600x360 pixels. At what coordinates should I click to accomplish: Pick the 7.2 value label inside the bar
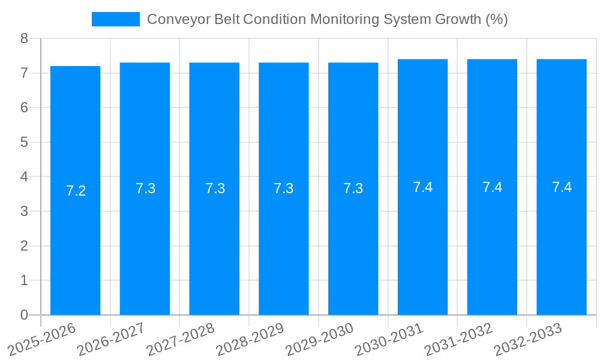[x=76, y=191]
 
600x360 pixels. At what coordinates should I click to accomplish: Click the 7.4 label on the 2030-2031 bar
[x=423, y=187]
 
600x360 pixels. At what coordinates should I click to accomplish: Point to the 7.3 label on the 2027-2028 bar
[x=215, y=188]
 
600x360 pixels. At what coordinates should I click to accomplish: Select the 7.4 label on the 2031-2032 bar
[x=493, y=187]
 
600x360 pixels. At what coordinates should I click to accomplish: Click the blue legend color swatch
[x=116, y=19]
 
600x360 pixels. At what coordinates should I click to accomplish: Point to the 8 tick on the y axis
[x=24, y=39]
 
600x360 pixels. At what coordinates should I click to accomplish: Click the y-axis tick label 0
[x=24, y=315]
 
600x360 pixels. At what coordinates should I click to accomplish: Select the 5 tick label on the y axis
[x=24, y=143]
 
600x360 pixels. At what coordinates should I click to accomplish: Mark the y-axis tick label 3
[x=24, y=212]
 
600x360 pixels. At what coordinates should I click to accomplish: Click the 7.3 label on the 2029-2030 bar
[x=353, y=188]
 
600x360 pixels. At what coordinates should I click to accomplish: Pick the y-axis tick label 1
[x=24, y=281]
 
